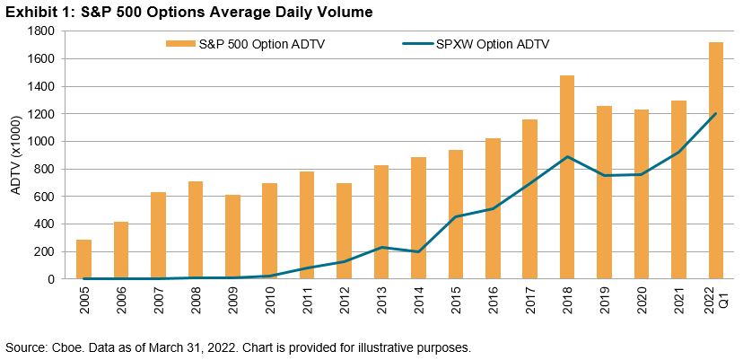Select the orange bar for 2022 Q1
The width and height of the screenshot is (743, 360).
(x=715, y=161)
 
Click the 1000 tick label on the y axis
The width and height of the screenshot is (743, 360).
(x=41, y=142)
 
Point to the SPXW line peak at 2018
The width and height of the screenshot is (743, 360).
(x=567, y=156)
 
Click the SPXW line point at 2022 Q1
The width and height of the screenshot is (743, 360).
(x=715, y=114)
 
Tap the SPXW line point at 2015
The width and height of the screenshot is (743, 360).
(x=456, y=216)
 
